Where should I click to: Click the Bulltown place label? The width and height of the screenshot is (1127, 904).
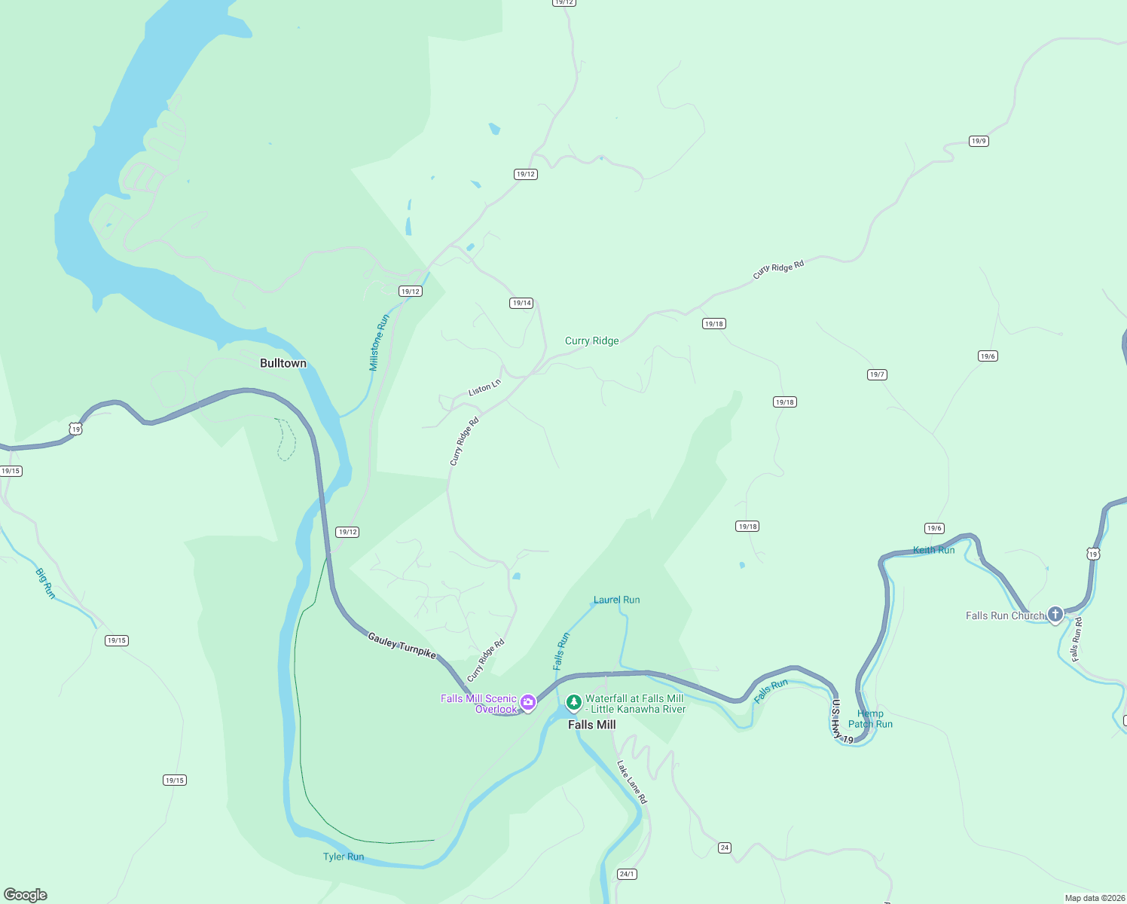(x=283, y=363)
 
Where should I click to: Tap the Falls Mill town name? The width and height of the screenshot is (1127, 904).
(x=591, y=725)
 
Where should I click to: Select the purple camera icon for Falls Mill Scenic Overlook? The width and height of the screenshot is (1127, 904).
(x=528, y=703)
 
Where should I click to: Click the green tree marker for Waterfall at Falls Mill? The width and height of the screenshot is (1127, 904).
(x=573, y=702)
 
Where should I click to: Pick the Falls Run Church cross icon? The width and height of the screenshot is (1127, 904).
(x=1055, y=615)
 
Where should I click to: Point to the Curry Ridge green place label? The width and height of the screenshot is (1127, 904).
(x=591, y=341)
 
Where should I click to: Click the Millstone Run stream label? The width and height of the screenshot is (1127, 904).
(x=379, y=343)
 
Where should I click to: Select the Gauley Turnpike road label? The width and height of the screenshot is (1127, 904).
(x=402, y=646)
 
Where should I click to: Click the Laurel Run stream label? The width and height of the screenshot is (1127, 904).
(x=616, y=600)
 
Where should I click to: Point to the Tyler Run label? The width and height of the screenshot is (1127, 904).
(x=343, y=857)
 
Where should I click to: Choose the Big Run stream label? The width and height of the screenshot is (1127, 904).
(x=46, y=583)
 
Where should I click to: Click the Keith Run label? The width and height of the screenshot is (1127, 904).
(x=933, y=550)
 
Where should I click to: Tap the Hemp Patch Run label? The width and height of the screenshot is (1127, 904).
(x=870, y=719)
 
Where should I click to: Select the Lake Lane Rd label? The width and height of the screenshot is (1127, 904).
(x=632, y=782)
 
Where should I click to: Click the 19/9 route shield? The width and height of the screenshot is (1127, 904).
(x=978, y=141)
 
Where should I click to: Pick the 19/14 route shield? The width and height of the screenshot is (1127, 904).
(x=521, y=303)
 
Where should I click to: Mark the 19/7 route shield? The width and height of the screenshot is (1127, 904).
(x=877, y=374)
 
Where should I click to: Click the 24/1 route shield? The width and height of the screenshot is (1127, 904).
(x=627, y=874)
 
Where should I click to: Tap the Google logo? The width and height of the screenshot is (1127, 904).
(x=26, y=894)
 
